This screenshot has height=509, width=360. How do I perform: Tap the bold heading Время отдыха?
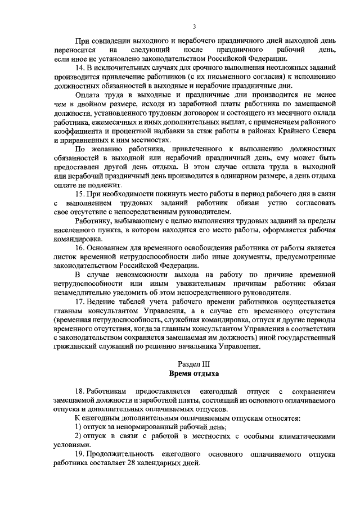(194, 373)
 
